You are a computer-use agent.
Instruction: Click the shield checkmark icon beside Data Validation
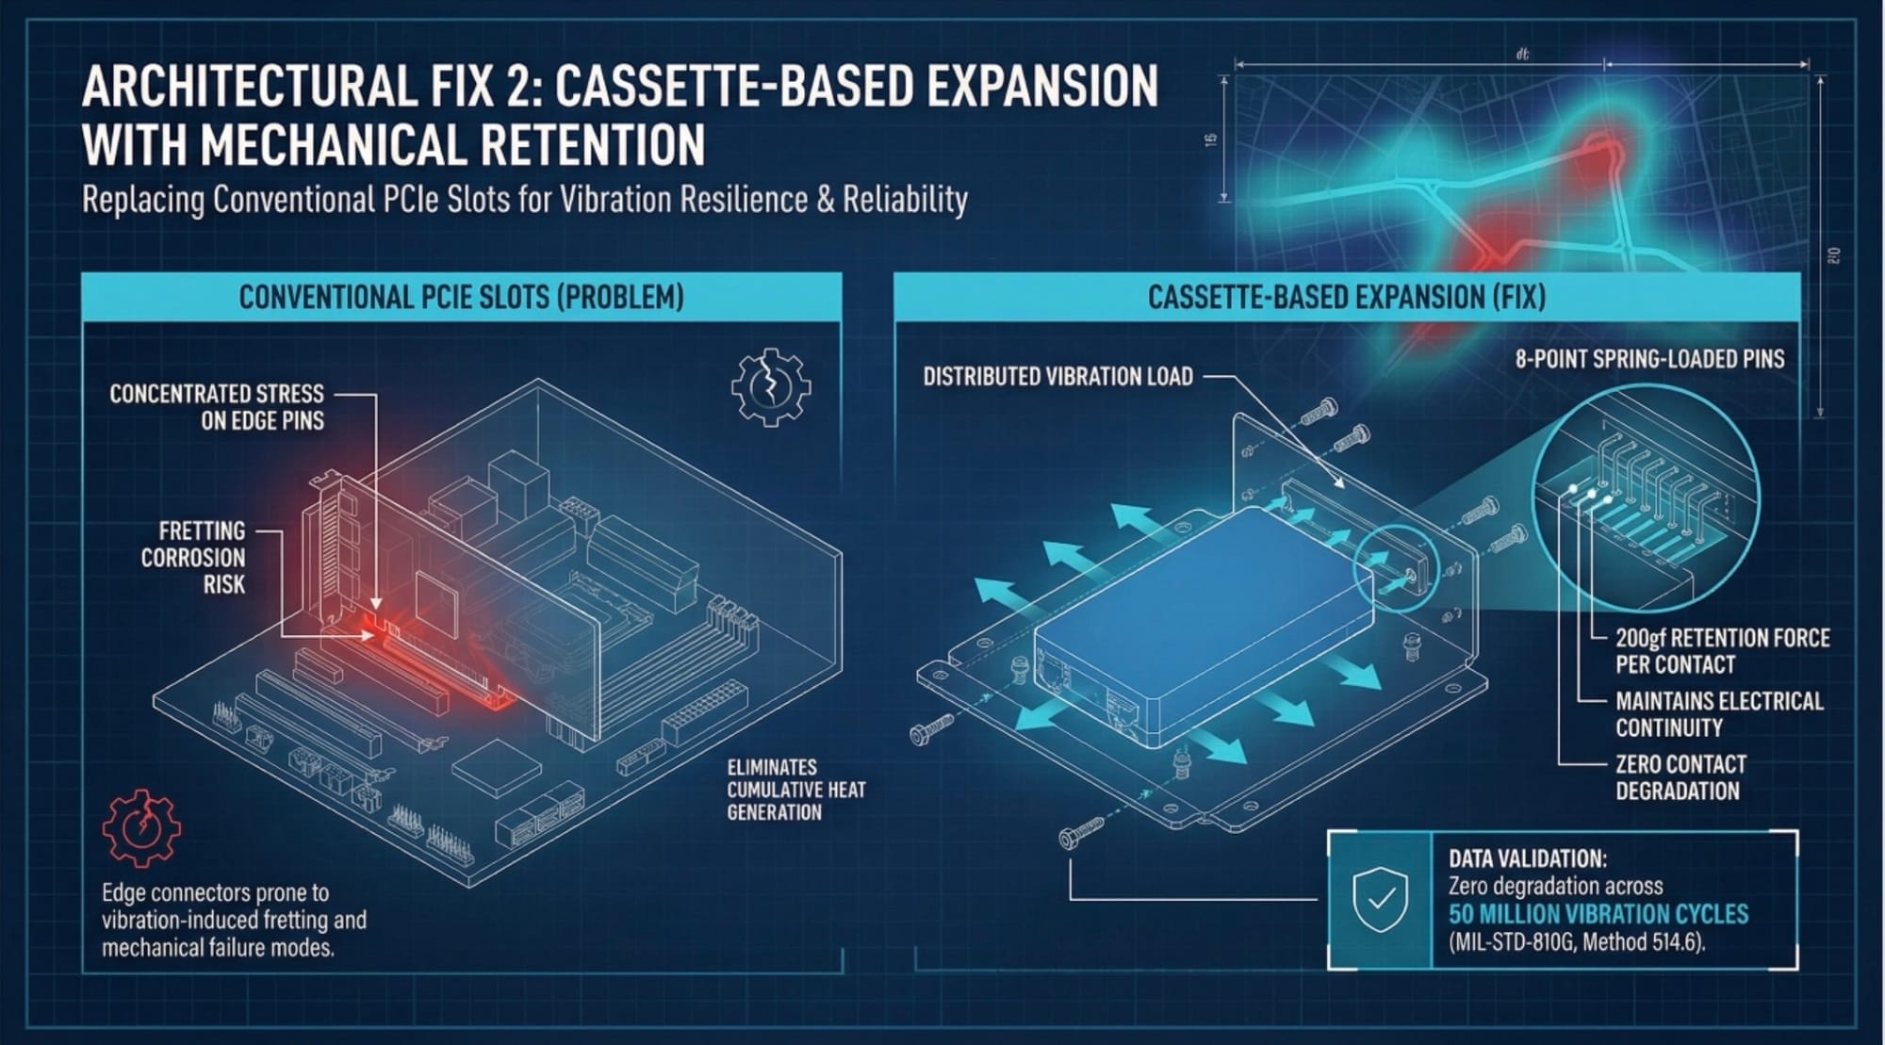click(1380, 900)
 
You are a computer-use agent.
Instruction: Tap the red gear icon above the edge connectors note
click(141, 827)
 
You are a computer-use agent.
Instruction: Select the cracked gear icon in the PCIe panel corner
click(770, 386)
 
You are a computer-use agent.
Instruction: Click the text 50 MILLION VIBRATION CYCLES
click(1598, 914)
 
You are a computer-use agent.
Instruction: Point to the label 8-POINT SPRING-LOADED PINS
click(1649, 359)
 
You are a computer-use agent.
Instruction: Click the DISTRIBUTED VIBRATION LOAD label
click(1057, 377)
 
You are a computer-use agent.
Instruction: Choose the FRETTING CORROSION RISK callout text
click(193, 558)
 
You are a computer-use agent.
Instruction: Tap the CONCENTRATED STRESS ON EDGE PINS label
click(217, 407)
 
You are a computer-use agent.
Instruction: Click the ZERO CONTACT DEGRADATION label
click(1680, 777)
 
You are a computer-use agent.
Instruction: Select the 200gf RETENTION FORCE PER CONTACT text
click(1722, 651)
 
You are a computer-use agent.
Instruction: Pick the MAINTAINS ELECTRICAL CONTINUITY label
click(1718, 714)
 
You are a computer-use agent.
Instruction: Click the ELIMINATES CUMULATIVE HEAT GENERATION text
click(795, 790)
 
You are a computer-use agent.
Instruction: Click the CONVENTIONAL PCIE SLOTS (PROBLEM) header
click(461, 298)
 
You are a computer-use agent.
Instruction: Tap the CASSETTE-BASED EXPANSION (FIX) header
click(1346, 298)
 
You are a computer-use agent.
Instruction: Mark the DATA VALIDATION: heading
click(1527, 858)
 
